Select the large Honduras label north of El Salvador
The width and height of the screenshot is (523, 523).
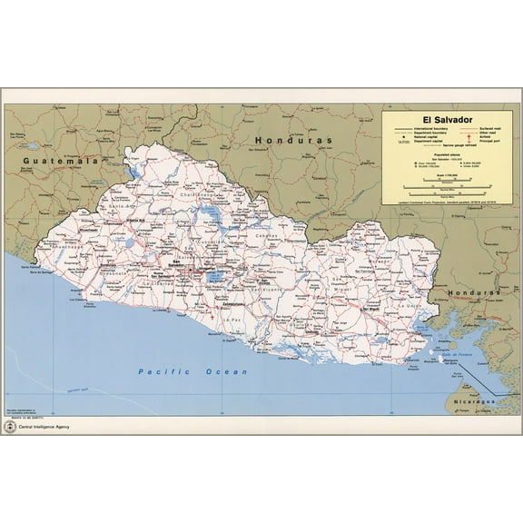coord(293,141)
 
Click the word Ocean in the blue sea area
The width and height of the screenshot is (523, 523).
coord(226,372)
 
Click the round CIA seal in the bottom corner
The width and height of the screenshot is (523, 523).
coord(10,426)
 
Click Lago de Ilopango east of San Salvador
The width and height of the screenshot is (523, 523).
coord(216,276)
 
